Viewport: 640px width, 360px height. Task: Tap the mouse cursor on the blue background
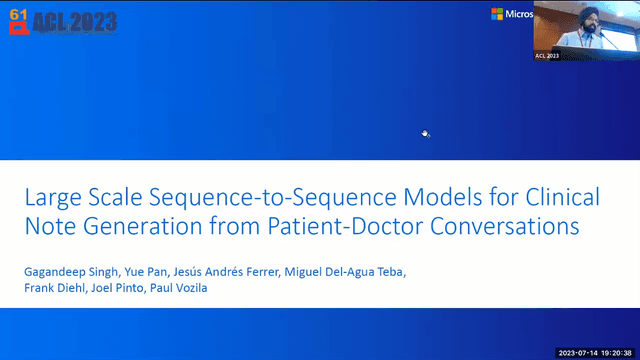pyautogui.click(x=425, y=133)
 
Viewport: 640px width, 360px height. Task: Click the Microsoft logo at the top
pyautogui.click(x=510, y=14)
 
